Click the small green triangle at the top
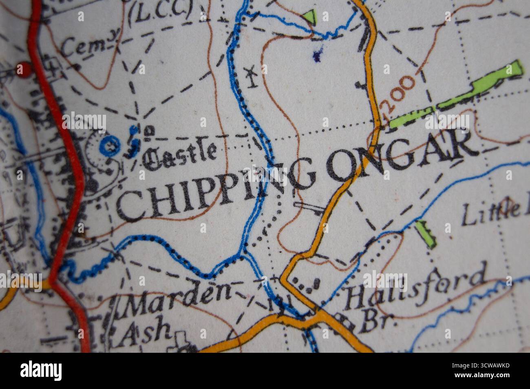(x=311, y=17)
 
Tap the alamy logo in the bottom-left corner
(x=41, y=371)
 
